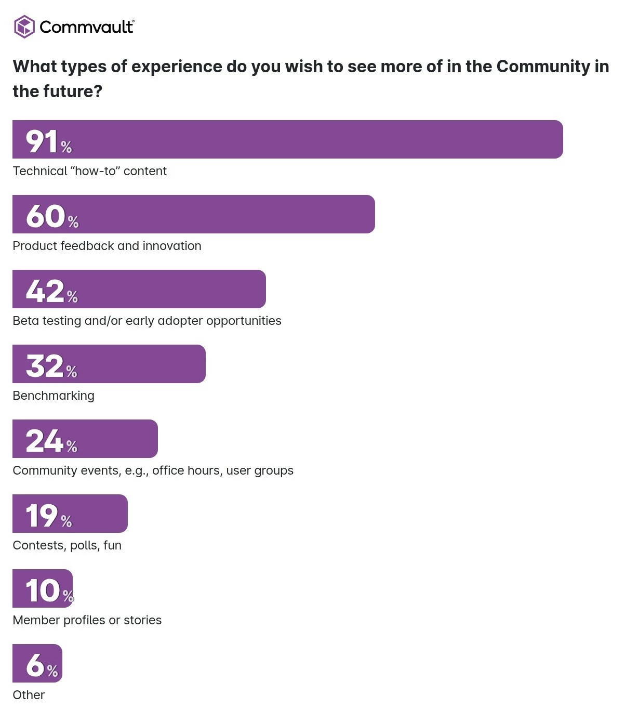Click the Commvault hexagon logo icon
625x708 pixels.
[x=24, y=27]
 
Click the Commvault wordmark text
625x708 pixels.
[x=87, y=27]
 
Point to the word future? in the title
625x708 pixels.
[x=73, y=91]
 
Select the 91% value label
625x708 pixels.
[x=48, y=141]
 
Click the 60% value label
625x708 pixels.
[x=52, y=216]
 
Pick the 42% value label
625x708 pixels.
[x=51, y=291]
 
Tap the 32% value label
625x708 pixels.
[x=51, y=365]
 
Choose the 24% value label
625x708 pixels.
[x=51, y=440]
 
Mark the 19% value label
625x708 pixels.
[x=48, y=515]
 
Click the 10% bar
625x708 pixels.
[x=43, y=588]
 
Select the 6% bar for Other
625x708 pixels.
[x=37, y=663]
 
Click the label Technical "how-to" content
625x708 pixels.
[x=90, y=171]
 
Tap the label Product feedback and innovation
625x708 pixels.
[x=107, y=246]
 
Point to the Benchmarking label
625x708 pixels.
[x=54, y=396]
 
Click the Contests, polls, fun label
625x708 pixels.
[x=67, y=545]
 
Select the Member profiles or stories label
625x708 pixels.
[x=87, y=620]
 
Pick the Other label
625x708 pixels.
[x=29, y=695]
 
